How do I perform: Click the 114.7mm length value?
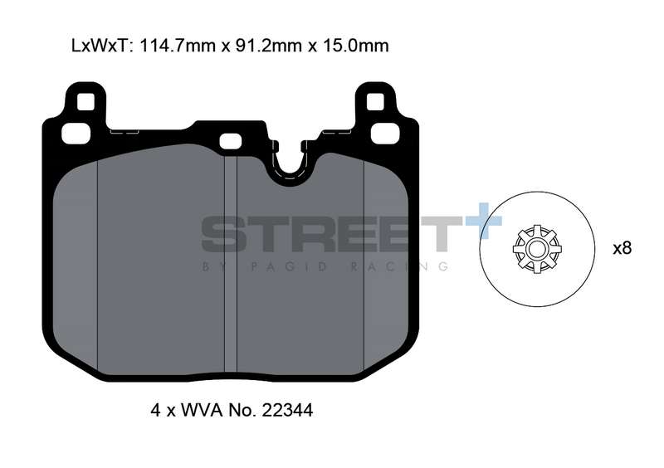[x=178, y=46]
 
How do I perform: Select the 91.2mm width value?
[x=267, y=46]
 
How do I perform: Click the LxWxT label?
[x=100, y=46]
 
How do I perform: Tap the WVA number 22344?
[x=287, y=410]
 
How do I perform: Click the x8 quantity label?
[x=622, y=248]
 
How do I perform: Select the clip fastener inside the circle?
[x=537, y=249]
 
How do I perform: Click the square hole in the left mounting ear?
[x=86, y=101]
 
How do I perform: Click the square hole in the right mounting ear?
[x=375, y=101]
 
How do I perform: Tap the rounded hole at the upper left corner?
[x=76, y=134]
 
